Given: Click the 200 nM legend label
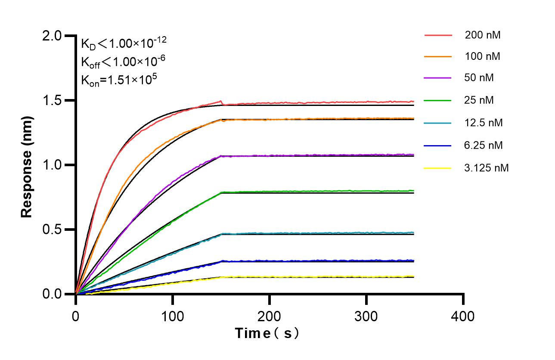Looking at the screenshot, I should [483, 35].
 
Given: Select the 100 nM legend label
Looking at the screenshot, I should [483, 56].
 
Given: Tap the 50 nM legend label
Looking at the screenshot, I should [479, 78].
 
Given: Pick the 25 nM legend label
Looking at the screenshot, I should [479, 100].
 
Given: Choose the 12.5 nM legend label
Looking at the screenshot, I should [484, 123].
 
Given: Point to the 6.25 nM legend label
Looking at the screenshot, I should [484, 145].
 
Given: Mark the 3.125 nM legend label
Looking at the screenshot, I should [487, 168].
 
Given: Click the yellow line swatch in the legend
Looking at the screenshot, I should [438, 168].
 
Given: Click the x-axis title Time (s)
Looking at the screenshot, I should [267, 333].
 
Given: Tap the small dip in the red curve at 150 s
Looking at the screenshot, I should [222, 104].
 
